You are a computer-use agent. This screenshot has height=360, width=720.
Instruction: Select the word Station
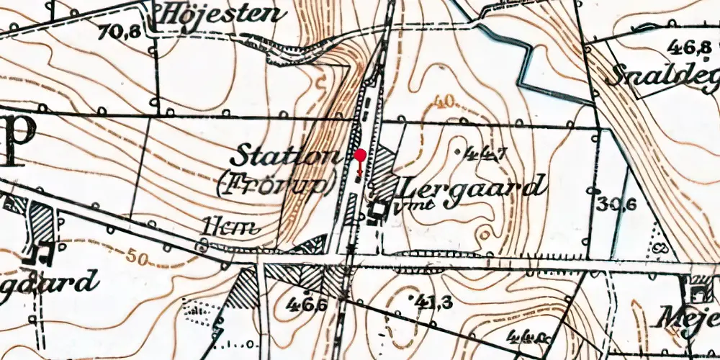pyautogui.click(x=286, y=156)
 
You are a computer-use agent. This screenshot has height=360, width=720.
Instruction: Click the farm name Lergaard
pyautogui.click(x=470, y=188)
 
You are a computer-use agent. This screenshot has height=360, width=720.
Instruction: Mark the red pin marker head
pyautogui.click(x=361, y=155)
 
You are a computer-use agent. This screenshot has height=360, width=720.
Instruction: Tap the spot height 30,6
pyautogui.click(x=617, y=204)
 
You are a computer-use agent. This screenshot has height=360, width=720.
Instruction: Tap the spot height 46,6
pyautogui.click(x=310, y=305)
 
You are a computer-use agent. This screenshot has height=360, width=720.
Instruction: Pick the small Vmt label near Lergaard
pyautogui.click(x=404, y=208)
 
